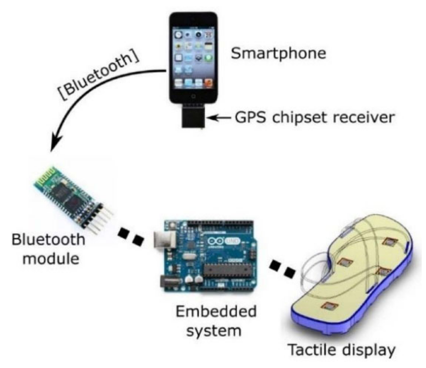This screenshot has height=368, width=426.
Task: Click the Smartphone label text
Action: pos(278,54)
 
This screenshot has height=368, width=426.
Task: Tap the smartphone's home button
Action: pos(193,96)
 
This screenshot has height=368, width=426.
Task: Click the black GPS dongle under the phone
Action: pos(193,117)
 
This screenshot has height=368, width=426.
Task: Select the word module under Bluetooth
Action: pos(51,258)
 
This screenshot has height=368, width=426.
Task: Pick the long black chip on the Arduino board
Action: pos(229,271)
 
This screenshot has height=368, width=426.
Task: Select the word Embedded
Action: pos(216,312)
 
